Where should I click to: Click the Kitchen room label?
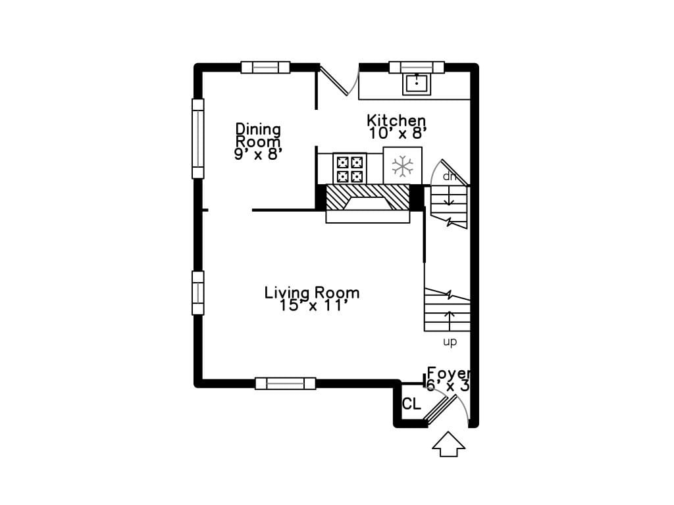pos(396,120)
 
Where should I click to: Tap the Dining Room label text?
pos(258,135)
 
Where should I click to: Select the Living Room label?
pos(311,293)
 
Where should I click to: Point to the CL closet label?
pos(411,404)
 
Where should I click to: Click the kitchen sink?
pos(417,84)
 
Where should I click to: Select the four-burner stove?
pos(350,169)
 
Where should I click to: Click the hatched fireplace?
pos(367,197)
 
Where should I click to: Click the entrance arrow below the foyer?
pos(448,444)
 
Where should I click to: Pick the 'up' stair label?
pos(450,342)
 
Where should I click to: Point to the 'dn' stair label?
pos(449,176)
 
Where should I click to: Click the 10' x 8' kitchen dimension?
pos(398,133)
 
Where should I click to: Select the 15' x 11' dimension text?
pos(313,306)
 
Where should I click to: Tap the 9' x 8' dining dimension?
pos(258,154)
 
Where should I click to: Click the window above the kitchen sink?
pos(417,68)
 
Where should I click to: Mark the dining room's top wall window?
pos(265,68)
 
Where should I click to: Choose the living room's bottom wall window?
pos(286,383)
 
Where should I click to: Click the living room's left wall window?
pos(197,293)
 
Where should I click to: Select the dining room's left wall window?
pos(197,139)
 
